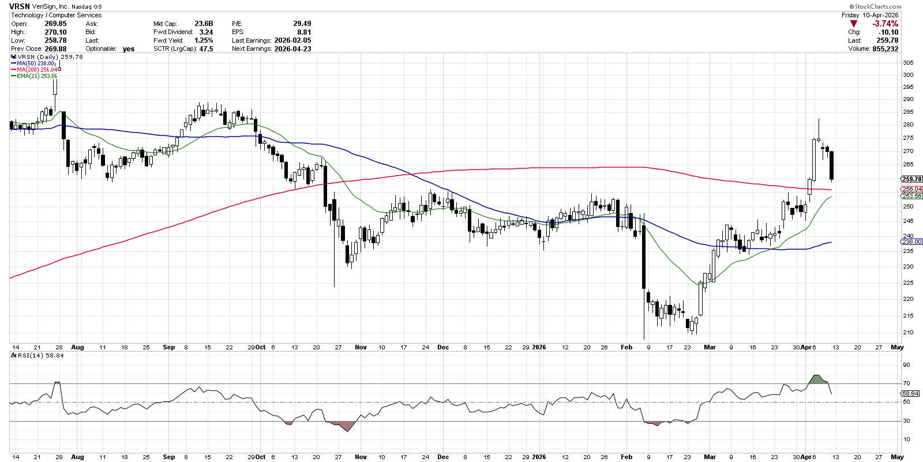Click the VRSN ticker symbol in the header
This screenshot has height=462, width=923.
(20, 6)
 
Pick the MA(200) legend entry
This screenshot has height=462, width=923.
(37, 70)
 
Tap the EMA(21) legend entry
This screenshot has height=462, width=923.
(37, 76)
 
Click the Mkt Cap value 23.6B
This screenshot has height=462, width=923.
(204, 24)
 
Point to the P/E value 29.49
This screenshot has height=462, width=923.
(302, 24)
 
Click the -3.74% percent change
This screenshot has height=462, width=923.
(885, 24)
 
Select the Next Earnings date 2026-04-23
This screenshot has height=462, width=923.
(292, 49)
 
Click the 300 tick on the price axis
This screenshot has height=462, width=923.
(908, 75)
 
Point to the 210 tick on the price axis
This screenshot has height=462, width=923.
(908, 333)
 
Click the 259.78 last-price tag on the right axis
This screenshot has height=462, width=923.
(911, 179)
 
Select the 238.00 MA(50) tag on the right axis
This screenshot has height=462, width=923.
(911, 242)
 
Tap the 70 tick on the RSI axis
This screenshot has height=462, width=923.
(906, 383)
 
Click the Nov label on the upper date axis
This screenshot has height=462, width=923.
(361, 347)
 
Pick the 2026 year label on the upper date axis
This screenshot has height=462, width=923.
(539, 347)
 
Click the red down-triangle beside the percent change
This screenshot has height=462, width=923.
(854, 24)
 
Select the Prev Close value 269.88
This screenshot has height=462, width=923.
(55, 49)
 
